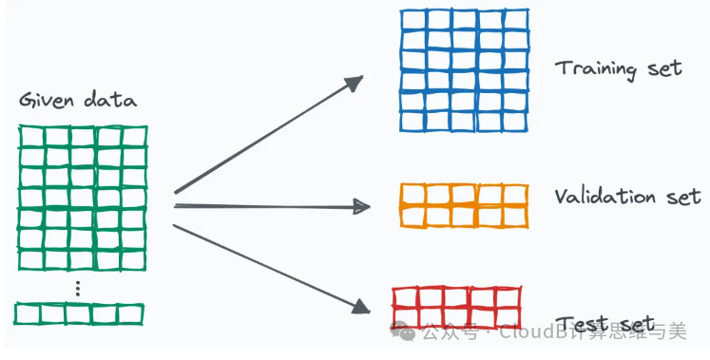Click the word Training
[595, 69]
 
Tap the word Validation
[604, 196]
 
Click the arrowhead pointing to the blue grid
[354, 83]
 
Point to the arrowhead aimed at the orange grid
[361, 207]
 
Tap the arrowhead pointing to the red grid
[361, 306]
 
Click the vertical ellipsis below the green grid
[78, 289]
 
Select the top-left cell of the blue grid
[413, 20]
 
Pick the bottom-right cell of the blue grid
[515, 122]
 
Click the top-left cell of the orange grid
[413, 195]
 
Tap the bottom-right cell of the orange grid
[515, 217]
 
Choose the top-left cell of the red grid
[406, 298]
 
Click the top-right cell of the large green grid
[134, 137]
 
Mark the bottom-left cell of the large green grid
[31, 260]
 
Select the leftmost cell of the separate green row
[28, 313]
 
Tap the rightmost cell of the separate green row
[130, 313]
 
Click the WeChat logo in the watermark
[403, 332]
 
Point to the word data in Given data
[109, 99]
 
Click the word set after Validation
[682, 197]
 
